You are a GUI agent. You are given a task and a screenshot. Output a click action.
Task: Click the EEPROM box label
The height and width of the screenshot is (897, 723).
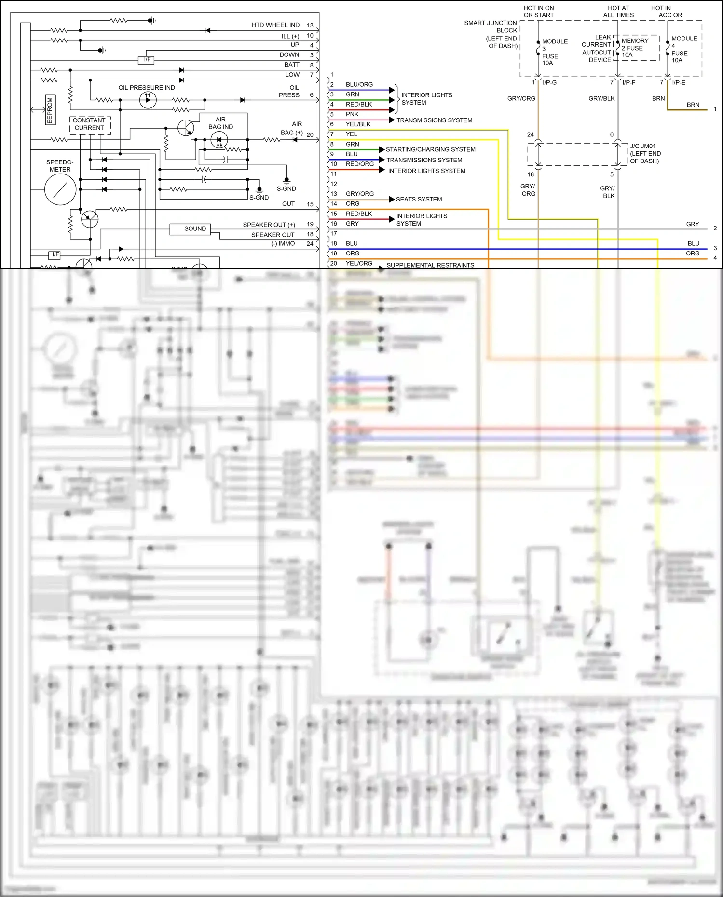click(x=49, y=110)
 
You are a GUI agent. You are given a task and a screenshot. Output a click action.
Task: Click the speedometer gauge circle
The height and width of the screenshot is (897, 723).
click(x=60, y=189)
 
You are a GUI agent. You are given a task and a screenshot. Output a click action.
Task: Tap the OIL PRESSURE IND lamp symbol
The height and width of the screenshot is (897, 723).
click(x=148, y=100)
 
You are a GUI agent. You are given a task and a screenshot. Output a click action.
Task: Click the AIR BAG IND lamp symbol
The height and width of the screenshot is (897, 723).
click(x=219, y=140)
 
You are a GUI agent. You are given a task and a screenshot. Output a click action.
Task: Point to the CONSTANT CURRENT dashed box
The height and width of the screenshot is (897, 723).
click(x=90, y=124)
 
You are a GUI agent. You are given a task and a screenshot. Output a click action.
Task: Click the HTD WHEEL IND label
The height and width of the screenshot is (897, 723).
click(x=275, y=25)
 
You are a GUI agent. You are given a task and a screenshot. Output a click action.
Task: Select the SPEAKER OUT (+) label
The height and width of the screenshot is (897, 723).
click(x=269, y=225)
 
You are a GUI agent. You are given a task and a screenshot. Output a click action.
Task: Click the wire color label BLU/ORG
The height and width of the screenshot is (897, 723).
click(x=359, y=84)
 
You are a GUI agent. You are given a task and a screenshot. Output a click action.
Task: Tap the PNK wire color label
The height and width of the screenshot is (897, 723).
click(x=352, y=114)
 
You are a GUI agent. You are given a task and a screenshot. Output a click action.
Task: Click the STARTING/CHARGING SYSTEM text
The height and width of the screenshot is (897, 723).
click(x=430, y=149)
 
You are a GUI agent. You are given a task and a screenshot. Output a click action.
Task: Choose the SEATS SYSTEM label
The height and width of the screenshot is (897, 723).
click(x=419, y=199)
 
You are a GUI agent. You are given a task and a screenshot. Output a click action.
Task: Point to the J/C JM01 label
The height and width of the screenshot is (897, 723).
click(x=642, y=146)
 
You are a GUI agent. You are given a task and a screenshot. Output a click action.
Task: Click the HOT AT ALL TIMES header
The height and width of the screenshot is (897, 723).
click(x=618, y=12)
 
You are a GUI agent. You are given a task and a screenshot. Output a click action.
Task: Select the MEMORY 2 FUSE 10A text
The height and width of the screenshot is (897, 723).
click(x=634, y=48)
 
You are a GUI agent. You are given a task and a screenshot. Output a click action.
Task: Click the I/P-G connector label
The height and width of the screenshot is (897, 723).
click(x=549, y=83)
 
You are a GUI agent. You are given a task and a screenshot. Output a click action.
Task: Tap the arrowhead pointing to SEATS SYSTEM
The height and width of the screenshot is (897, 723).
click(x=392, y=199)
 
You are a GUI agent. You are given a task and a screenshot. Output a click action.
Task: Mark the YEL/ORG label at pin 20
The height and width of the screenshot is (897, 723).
click(x=359, y=263)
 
